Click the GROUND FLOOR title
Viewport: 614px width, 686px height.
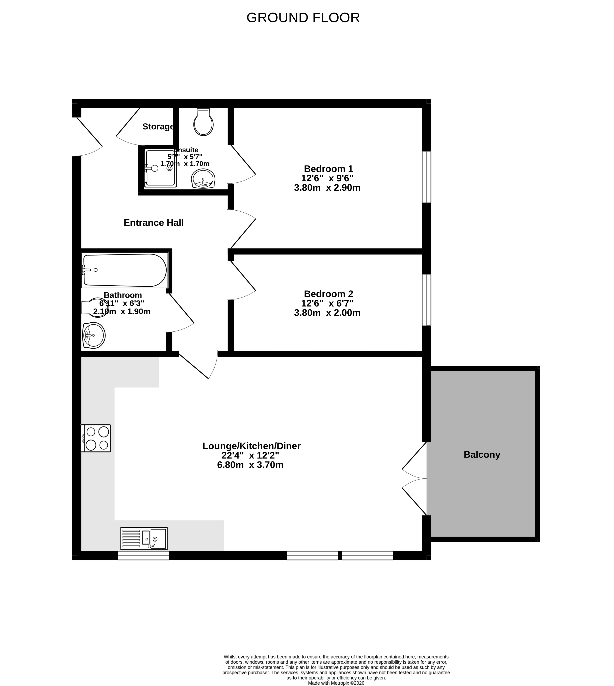[x=303, y=18]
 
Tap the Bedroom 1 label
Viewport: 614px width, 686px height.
[x=328, y=169]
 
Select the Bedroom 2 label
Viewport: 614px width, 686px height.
[x=328, y=294]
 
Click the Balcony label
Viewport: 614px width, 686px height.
[x=482, y=455]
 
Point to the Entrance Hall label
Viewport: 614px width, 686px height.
[x=154, y=223]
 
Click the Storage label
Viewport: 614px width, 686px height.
[x=158, y=127]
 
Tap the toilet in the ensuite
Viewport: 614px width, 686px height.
[x=204, y=122]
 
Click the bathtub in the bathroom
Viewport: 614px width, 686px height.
[x=125, y=270]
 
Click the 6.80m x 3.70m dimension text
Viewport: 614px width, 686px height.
[x=250, y=465]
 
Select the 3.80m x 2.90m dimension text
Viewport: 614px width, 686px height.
[x=327, y=188]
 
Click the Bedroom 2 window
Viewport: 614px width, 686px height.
[x=427, y=300]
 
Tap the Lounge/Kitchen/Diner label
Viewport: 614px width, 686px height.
[x=251, y=446]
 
